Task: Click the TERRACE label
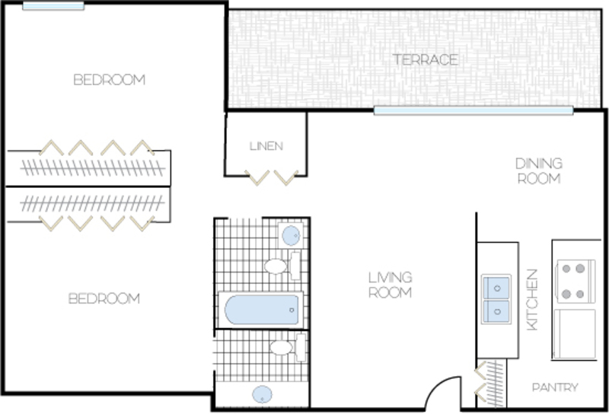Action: [426, 60]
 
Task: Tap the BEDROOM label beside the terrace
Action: [109, 80]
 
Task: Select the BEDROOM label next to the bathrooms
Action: [104, 298]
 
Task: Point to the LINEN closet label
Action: [266, 146]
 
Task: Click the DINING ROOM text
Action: [539, 171]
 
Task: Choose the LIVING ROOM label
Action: [390, 285]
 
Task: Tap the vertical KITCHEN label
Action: [532, 299]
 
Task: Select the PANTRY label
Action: [555, 387]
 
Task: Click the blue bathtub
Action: [261, 310]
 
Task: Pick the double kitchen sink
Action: [496, 299]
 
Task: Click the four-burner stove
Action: [576, 281]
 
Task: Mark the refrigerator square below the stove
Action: [575, 334]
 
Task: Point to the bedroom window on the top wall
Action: [53, 6]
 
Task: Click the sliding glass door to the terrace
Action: [473, 110]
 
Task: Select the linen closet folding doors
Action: [272, 178]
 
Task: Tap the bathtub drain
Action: [292, 310]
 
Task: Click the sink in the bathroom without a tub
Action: [262, 394]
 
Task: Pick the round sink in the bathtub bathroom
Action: [291, 235]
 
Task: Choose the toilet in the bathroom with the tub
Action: [282, 266]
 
